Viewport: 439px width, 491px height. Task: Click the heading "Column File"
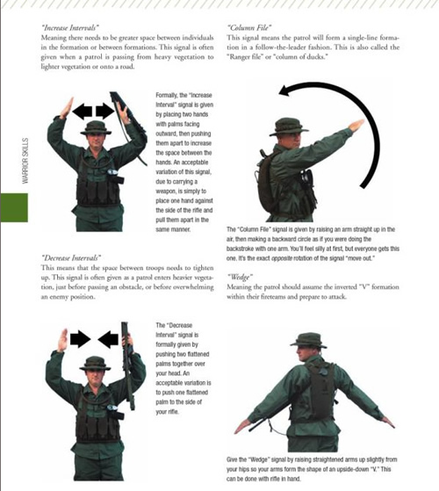pyautogui.click(x=251, y=27)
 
